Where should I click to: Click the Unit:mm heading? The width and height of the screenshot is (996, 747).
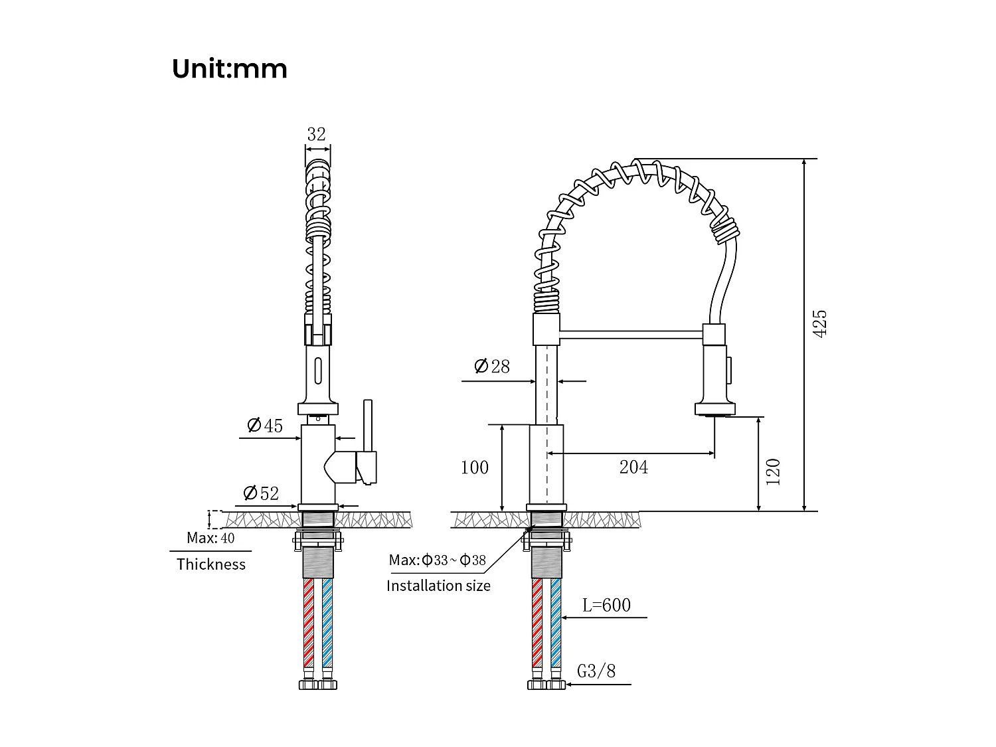pyautogui.click(x=229, y=69)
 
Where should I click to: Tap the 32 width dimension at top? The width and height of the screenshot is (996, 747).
pyautogui.click(x=316, y=134)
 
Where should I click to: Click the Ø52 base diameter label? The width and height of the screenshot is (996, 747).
pyautogui.click(x=261, y=493)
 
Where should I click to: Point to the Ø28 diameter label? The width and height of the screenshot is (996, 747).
pyautogui.click(x=492, y=366)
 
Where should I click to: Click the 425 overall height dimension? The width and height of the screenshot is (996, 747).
pyautogui.click(x=820, y=323)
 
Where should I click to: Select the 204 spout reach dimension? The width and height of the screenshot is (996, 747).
pyautogui.click(x=633, y=467)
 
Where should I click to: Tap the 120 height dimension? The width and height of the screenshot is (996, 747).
pyautogui.click(x=774, y=472)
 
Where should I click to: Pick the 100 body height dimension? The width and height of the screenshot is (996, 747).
pyautogui.click(x=475, y=467)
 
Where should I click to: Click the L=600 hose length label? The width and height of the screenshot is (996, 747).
pyautogui.click(x=606, y=605)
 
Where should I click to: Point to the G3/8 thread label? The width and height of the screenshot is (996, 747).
pyautogui.click(x=596, y=671)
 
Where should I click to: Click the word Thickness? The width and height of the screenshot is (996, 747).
pyautogui.click(x=210, y=564)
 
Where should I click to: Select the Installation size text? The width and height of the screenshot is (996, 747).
pyautogui.click(x=438, y=586)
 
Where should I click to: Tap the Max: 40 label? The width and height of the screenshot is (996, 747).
pyautogui.click(x=210, y=538)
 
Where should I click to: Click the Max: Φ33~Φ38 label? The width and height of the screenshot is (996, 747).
pyautogui.click(x=438, y=560)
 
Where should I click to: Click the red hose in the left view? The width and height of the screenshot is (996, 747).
pyautogui.click(x=308, y=621)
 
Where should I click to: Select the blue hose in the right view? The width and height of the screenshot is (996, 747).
pyautogui.click(x=556, y=621)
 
